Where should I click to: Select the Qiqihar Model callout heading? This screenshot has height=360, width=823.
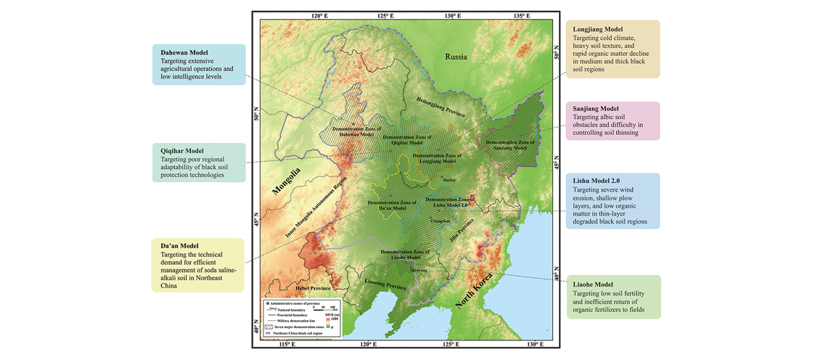tap(182, 151)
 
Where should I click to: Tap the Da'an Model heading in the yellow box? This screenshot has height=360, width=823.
tap(179, 246)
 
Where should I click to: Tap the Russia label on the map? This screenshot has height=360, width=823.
tap(456, 56)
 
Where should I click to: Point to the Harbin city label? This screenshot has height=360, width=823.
tap(449, 179)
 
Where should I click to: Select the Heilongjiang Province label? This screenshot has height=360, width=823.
tap(439, 106)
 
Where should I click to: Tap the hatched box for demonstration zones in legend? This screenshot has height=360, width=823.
tap(268, 327)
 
